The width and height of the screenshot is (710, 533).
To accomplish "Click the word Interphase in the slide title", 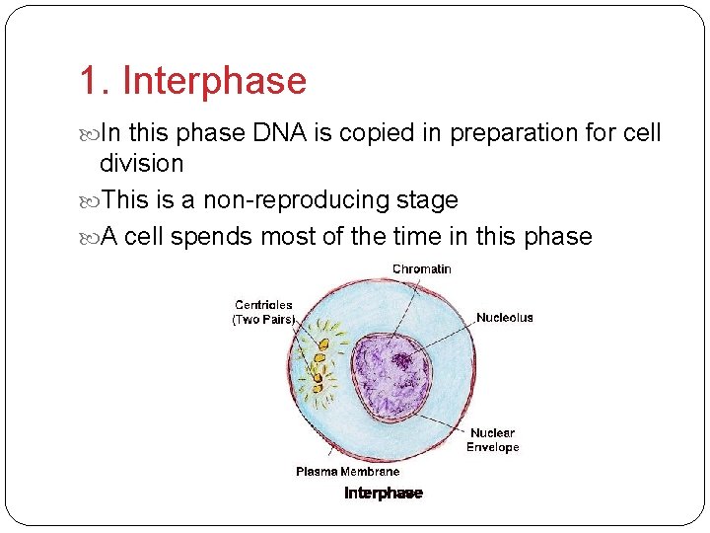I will [214, 82].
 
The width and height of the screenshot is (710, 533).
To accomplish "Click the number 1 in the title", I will [88, 82].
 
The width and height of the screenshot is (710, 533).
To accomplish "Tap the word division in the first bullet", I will [141, 163].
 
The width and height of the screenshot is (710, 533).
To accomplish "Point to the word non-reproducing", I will [281, 200].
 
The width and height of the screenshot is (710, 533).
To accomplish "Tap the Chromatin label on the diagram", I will [421, 269].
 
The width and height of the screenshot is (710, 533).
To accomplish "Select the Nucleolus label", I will [504, 318].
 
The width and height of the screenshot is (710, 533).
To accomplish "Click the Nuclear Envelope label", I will [492, 440].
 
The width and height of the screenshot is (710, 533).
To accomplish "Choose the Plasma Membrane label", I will [347, 472].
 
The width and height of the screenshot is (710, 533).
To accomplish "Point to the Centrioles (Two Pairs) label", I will [263, 312].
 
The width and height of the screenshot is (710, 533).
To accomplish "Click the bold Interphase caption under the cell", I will [383, 494].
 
